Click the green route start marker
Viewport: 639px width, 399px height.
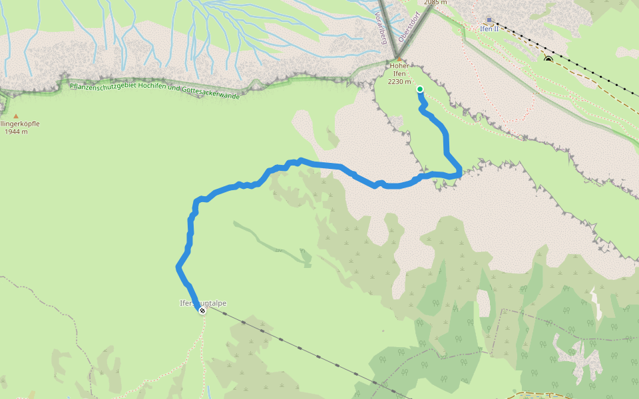point(420,88)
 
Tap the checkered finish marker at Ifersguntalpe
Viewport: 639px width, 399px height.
point(202,311)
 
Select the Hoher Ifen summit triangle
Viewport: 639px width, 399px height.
point(399,59)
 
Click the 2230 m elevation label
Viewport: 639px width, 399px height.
point(399,82)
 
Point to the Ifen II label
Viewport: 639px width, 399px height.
point(489,29)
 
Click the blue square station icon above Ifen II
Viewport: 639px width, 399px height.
point(489,21)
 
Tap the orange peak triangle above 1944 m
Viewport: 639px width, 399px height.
point(16,116)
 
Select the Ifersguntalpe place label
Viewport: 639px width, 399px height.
point(203,303)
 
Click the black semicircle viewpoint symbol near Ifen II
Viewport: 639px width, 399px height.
point(548,60)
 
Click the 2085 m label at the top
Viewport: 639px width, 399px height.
point(435,3)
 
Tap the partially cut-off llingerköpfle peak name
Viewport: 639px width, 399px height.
point(20,124)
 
